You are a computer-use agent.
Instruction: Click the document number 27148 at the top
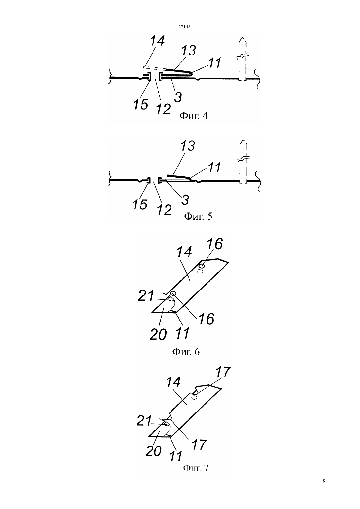click(x=184, y=26)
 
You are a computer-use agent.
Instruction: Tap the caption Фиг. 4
click(x=194, y=116)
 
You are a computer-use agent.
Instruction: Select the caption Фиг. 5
click(x=198, y=216)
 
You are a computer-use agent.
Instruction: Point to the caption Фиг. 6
click(x=186, y=352)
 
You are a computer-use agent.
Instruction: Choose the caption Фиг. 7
click(x=196, y=468)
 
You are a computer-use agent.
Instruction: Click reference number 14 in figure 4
click(x=157, y=41)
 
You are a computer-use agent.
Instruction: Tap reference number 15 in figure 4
click(x=141, y=104)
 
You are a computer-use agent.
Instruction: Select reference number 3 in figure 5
click(x=186, y=200)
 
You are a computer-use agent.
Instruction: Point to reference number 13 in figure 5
click(x=188, y=146)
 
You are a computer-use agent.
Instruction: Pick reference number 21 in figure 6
click(x=146, y=296)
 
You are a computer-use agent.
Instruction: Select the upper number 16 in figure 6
click(x=215, y=244)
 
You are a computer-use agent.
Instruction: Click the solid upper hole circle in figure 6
click(x=202, y=266)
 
